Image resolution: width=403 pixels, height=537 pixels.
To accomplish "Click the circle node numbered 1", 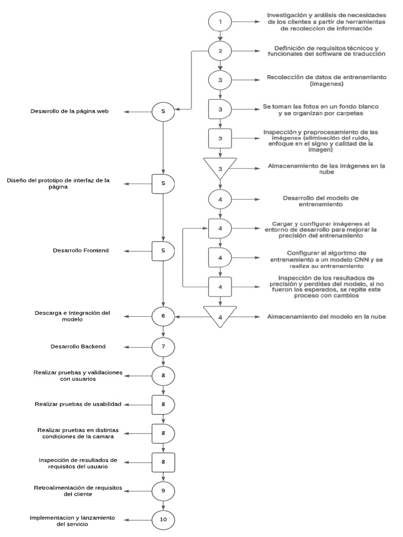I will click(x=220, y=23).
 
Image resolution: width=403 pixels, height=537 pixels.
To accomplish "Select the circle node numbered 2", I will click(x=220, y=51).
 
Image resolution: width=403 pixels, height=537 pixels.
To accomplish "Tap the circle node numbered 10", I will click(x=163, y=519).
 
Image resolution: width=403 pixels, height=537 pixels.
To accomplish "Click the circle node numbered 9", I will click(x=163, y=490).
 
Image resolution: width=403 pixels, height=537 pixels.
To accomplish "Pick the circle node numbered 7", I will click(x=163, y=346).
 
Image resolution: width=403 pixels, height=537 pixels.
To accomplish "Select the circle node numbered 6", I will click(x=163, y=316).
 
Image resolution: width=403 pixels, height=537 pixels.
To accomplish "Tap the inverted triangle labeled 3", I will click(x=220, y=167).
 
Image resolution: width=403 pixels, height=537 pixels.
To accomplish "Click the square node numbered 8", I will click(x=163, y=462).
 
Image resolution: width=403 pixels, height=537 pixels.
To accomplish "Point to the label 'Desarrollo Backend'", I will click(x=78, y=347).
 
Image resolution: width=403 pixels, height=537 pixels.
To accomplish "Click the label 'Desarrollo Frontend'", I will click(x=81, y=251).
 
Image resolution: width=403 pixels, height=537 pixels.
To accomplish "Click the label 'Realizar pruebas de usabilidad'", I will click(x=78, y=404).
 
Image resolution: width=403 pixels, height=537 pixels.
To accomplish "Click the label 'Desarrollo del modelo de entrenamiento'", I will click(x=320, y=201).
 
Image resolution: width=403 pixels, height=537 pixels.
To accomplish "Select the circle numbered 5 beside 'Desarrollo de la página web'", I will click(x=163, y=111).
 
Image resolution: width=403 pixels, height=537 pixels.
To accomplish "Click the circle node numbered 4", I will click(x=220, y=199).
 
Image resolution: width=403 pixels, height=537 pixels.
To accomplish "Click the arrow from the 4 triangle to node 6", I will click(x=189, y=317).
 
